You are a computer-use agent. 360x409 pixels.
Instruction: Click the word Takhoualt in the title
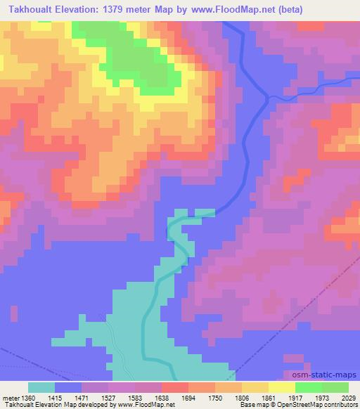pyautogui.click(x=33, y=8)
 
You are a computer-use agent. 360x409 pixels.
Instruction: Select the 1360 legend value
pyautogui.click(x=29, y=397)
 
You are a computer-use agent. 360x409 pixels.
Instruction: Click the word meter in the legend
pyautogui.click(x=9, y=397)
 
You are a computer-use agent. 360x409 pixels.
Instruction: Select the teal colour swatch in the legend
pyautogui.click(x=41, y=387)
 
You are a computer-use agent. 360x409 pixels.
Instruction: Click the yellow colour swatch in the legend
pyautogui.click(x=281, y=387)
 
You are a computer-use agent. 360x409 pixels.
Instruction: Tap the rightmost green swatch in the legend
pyautogui.click(x=335, y=387)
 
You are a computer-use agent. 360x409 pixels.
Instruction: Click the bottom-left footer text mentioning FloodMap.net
pyautogui.click(x=88, y=405)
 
